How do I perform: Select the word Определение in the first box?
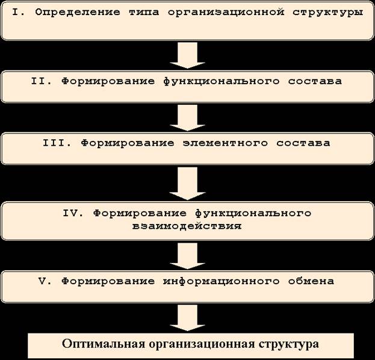(x=78, y=13)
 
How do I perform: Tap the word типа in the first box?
(x=144, y=13)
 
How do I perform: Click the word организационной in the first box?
(x=226, y=13)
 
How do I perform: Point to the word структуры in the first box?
(x=327, y=13)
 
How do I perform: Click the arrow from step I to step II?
(x=188, y=55)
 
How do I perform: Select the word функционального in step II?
(x=222, y=81)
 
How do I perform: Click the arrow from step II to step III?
(x=188, y=118)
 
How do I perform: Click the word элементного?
(x=225, y=143)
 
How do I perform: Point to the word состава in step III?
(x=303, y=143)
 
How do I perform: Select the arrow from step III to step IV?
(x=188, y=184)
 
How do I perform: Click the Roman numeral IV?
(x=73, y=213)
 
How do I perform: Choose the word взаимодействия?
(x=187, y=226)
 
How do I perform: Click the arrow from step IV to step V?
(x=188, y=256)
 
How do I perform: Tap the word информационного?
(x=222, y=281)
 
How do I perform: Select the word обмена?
(x=311, y=281)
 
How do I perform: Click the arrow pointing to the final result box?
(x=188, y=318)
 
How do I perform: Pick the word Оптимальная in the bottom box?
(x=104, y=344)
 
